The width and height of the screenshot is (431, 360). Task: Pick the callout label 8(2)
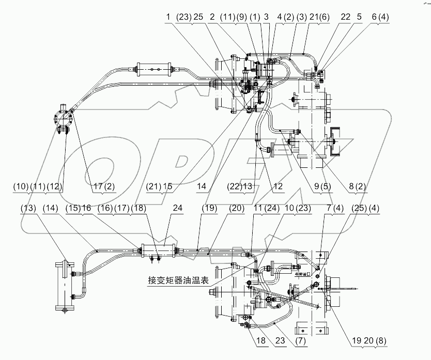(356, 186)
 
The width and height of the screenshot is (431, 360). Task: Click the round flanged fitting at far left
(63, 119)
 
